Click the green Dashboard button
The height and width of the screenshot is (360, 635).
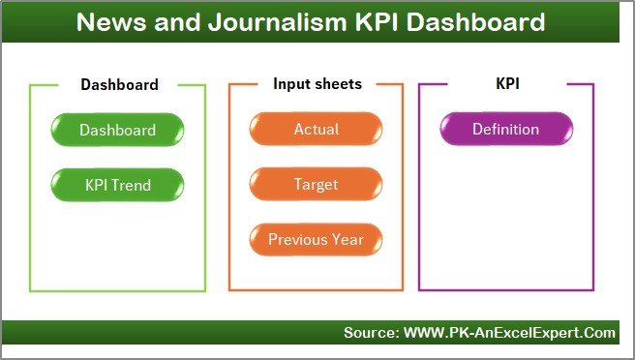pyautogui.click(x=117, y=130)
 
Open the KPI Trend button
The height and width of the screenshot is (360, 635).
pyautogui.click(x=117, y=184)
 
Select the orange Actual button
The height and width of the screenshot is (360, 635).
pyautogui.click(x=316, y=130)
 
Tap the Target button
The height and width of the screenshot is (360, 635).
pyautogui.click(x=316, y=184)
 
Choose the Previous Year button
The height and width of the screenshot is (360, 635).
pyautogui.click(x=316, y=239)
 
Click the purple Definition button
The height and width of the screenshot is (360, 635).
pyautogui.click(x=505, y=130)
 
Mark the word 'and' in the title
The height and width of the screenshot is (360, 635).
pyautogui.click(x=171, y=21)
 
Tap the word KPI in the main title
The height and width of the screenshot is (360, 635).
pyautogui.click(x=372, y=21)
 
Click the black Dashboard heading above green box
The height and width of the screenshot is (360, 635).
pyautogui.click(x=119, y=85)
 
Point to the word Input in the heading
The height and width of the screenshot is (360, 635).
pyautogui.click(x=292, y=84)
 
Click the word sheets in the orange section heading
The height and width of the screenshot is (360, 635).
pyautogui.click(x=338, y=84)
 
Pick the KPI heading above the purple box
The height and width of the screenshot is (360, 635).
pyautogui.click(x=506, y=84)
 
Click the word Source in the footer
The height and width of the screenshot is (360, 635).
pyautogui.click(x=369, y=333)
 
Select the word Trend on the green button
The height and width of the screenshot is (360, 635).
pyautogui.click(x=132, y=184)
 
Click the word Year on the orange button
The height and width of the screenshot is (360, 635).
pyautogui.click(x=347, y=239)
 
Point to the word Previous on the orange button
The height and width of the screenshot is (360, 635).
pyautogui.click(x=297, y=239)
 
